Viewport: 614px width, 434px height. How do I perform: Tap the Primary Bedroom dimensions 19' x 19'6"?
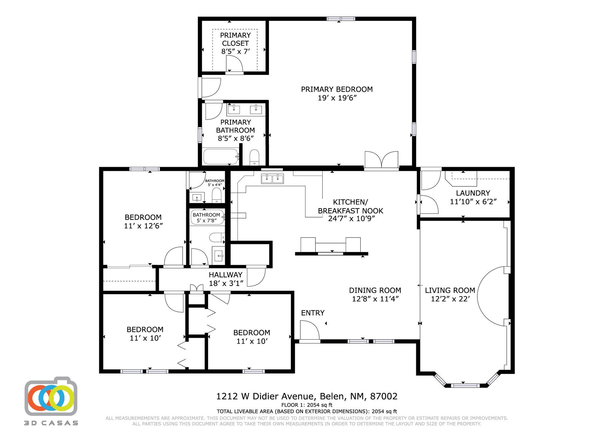tap(337, 98)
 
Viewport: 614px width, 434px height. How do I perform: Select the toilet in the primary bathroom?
tap(254, 157)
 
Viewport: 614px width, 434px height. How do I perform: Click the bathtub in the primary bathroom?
tap(221, 156)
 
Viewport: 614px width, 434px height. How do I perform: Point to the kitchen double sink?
tap(272, 179)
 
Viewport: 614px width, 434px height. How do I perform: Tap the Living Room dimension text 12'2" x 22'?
tap(450, 299)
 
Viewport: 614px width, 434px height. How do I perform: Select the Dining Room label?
tap(375, 290)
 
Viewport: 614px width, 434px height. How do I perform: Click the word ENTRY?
tap(313, 313)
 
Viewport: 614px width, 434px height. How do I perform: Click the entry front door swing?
tap(310, 330)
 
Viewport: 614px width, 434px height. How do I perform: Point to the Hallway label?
tap(225, 275)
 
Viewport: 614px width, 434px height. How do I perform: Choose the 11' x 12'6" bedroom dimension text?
tap(143, 226)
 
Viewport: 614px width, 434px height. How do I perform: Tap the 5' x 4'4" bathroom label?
tap(215, 183)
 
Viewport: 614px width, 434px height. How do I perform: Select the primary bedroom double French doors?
tap(381, 160)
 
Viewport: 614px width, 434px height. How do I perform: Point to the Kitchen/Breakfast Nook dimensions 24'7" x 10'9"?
tap(351, 218)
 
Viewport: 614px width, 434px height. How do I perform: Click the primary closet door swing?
tap(234, 64)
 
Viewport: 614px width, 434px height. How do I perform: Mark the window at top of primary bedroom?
tap(341, 19)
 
